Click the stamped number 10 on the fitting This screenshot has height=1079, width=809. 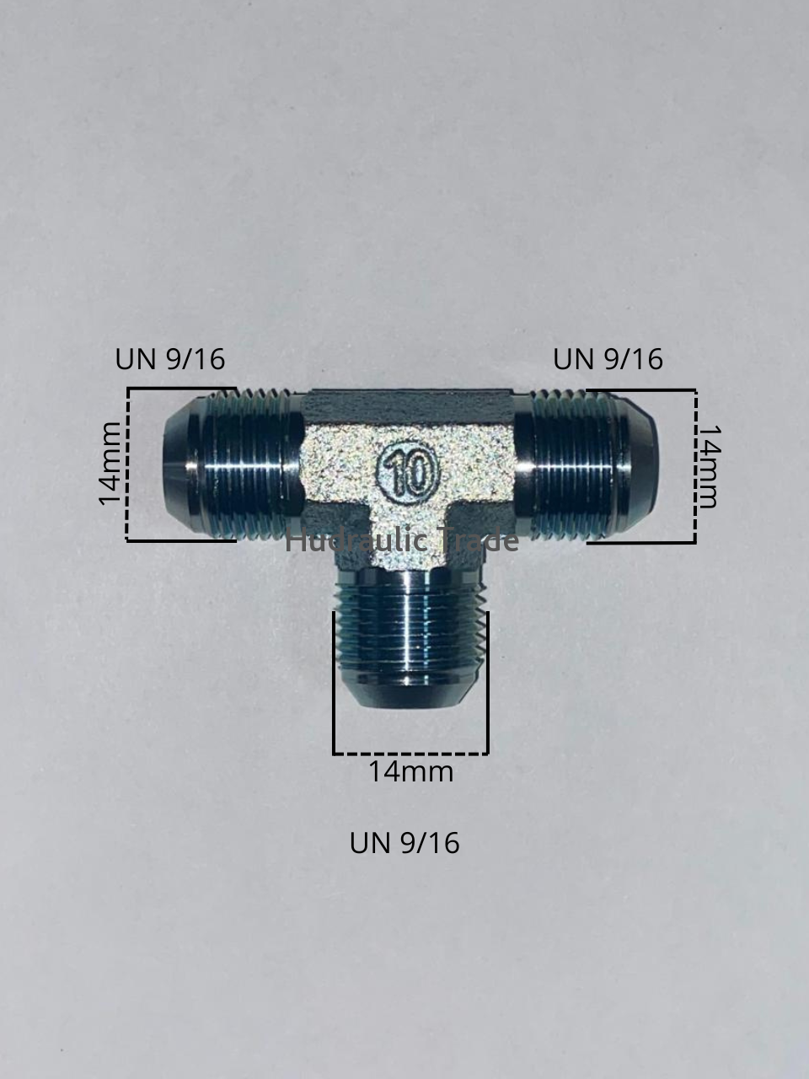point(409,473)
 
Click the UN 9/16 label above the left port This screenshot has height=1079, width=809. point(170,359)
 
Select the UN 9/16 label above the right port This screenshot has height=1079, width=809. point(608,359)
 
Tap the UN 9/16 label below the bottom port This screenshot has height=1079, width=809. point(404,843)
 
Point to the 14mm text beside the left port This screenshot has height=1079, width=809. point(110,464)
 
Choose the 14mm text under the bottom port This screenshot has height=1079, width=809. point(410,772)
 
